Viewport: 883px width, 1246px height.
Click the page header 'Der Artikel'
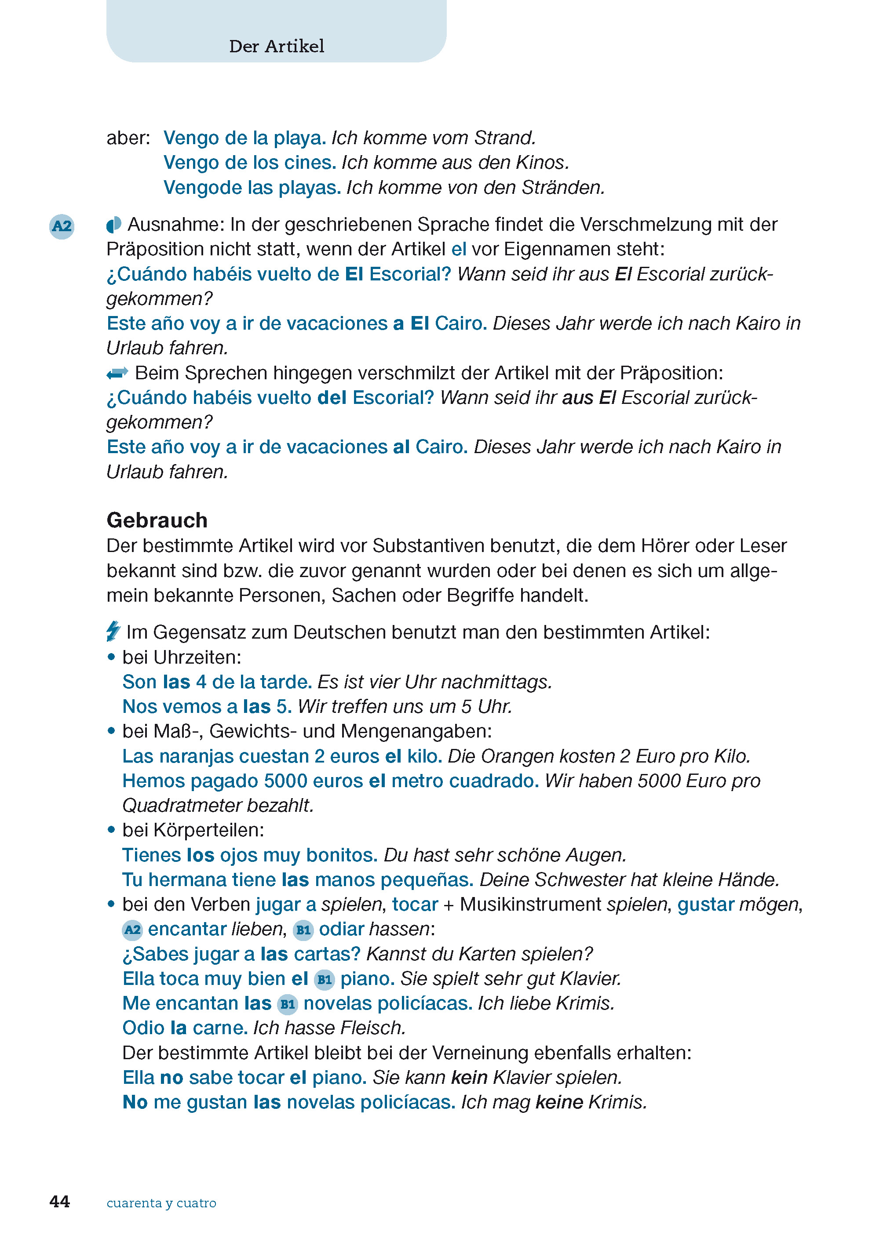point(276,46)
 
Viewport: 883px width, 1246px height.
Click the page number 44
point(60,1202)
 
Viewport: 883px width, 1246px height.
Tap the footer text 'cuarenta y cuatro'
point(161,1202)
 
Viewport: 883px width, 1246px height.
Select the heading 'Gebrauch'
point(157,520)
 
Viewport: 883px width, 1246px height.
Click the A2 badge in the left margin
point(62,226)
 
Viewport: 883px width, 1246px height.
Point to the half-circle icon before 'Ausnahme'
point(113,225)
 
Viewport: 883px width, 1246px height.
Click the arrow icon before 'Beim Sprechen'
point(117,373)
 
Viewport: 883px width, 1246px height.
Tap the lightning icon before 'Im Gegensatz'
point(113,632)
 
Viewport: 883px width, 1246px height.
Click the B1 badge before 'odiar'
point(303,930)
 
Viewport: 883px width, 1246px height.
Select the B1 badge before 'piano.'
point(324,979)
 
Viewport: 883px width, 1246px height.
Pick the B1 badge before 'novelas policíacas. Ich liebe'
point(288,1004)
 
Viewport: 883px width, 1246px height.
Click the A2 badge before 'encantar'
point(132,930)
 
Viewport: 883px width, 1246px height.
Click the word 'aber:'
point(128,138)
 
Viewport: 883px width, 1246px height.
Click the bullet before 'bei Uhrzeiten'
point(111,657)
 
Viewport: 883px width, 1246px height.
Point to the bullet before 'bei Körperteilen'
point(111,830)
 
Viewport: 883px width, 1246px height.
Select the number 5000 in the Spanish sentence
point(285,781)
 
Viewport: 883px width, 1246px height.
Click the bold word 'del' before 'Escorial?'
point(332,398)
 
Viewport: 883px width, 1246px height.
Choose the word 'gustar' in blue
point(706,905)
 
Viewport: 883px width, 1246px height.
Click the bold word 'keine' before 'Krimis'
point(559,1103)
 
